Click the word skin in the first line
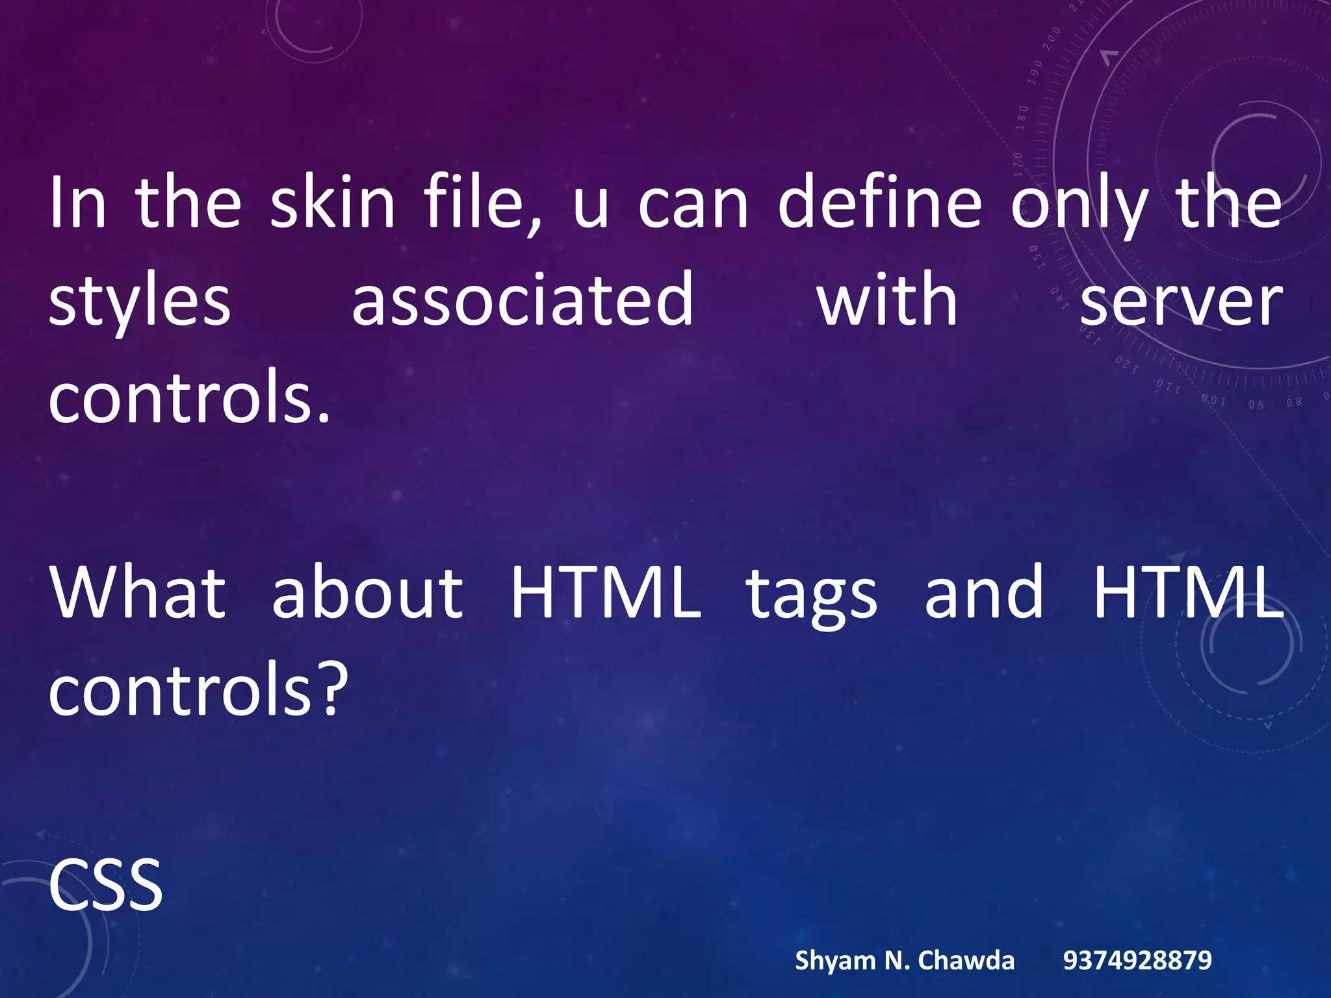click(332, 203)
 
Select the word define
click(879, 203)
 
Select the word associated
click(523, 300)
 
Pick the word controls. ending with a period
click(190, 398)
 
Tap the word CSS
click(105, 885)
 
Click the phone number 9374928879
click(1137, 960)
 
